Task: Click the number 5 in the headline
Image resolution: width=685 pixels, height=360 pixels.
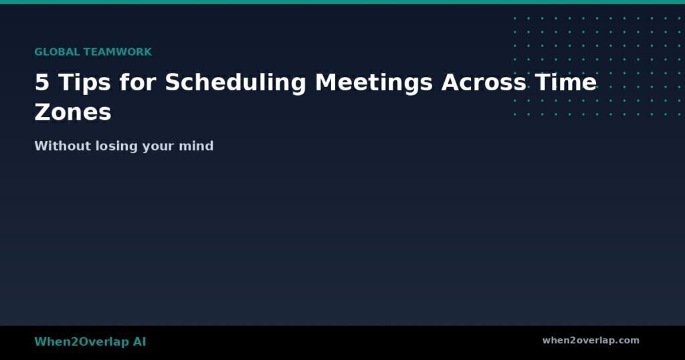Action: [x=41, y=83]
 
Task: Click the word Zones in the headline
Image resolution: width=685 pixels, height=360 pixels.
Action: [x=72, y=112]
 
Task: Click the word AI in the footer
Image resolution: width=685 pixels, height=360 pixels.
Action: [x=138, y=342]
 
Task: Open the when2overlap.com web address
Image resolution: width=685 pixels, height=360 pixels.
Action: [x=591, y=341]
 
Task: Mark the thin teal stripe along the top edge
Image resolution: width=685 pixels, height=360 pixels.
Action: [x=342, y=2]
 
